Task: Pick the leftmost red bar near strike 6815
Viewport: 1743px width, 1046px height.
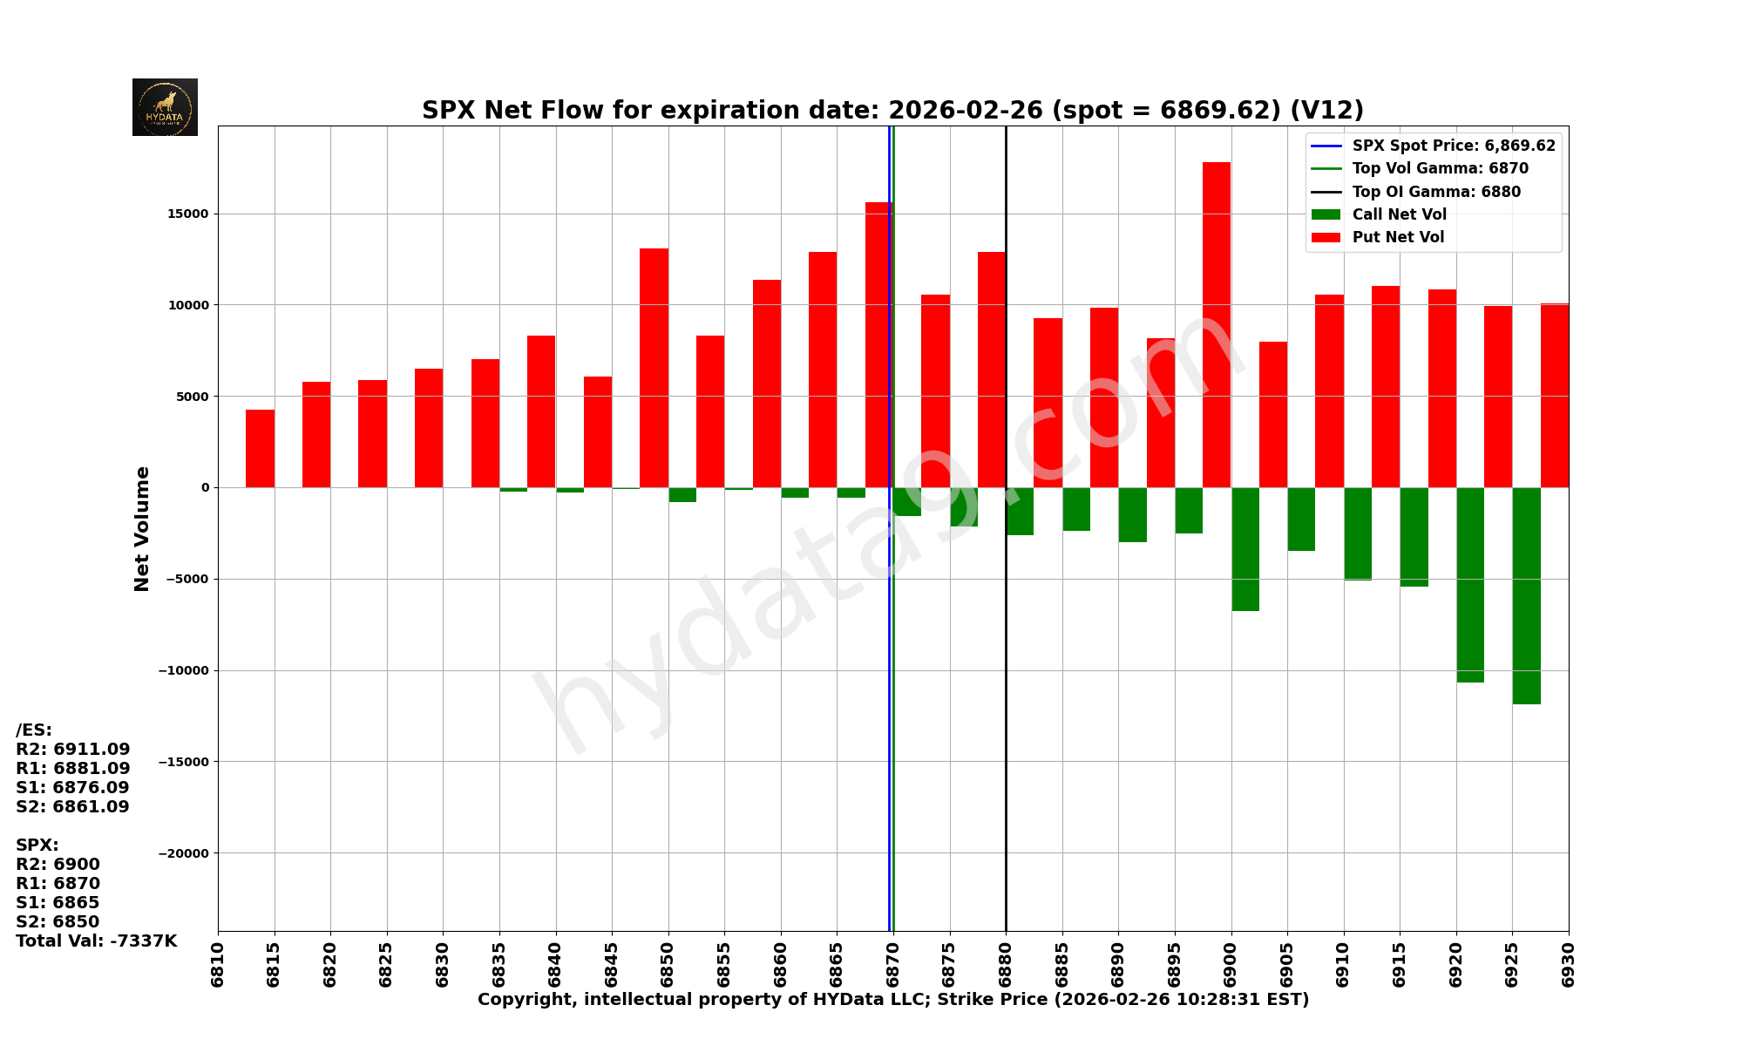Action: coord(260,448)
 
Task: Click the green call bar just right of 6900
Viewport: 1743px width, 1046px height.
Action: coord(1245,549)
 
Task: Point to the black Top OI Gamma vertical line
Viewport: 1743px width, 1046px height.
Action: coord(1006,697)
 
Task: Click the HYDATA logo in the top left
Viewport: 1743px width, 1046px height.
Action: coord(165,107)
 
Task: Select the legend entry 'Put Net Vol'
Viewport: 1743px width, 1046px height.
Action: coord(1398,237)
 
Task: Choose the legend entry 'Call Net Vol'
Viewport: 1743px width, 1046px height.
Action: coord(1399,214)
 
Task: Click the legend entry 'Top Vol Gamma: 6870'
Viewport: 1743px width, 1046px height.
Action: coord(1440,168)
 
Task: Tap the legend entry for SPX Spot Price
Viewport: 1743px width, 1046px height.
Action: coord(1453,146)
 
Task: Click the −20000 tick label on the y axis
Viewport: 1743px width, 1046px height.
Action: coord(184,853)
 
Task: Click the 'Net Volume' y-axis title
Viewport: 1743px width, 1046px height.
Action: coord(142,528)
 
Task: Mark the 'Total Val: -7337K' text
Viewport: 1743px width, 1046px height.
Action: coord(96,941)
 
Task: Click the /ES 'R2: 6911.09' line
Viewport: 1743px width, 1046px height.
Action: coord(72,749)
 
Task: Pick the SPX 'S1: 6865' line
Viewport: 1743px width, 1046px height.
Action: coord(58,902)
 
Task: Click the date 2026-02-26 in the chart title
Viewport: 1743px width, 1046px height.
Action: coord(965,111)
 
